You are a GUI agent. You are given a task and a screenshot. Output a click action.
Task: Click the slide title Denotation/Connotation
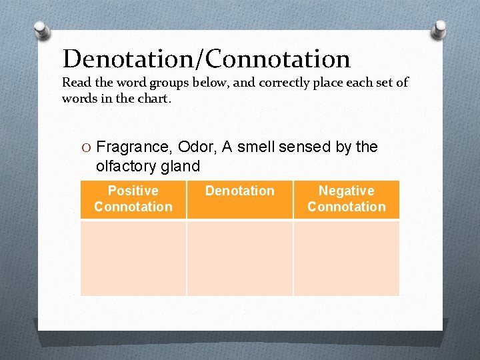[x=206, y=59]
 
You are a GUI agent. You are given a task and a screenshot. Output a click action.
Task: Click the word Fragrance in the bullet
[x=133, y=147]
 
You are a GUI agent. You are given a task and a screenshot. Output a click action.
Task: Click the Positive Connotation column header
[x=133, y=199]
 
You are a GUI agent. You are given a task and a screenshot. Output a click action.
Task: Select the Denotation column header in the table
[x=240, y=191]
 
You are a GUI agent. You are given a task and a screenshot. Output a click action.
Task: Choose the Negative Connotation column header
[x=346, y=199]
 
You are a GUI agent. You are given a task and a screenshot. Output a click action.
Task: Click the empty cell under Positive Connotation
[x=133, y=258]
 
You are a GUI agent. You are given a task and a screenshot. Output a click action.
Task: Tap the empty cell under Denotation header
[x=240, y=258]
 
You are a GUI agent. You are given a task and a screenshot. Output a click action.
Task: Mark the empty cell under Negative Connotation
[x=346, y=258]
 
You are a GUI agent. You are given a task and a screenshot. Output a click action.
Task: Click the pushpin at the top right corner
[x=440, y=29]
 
